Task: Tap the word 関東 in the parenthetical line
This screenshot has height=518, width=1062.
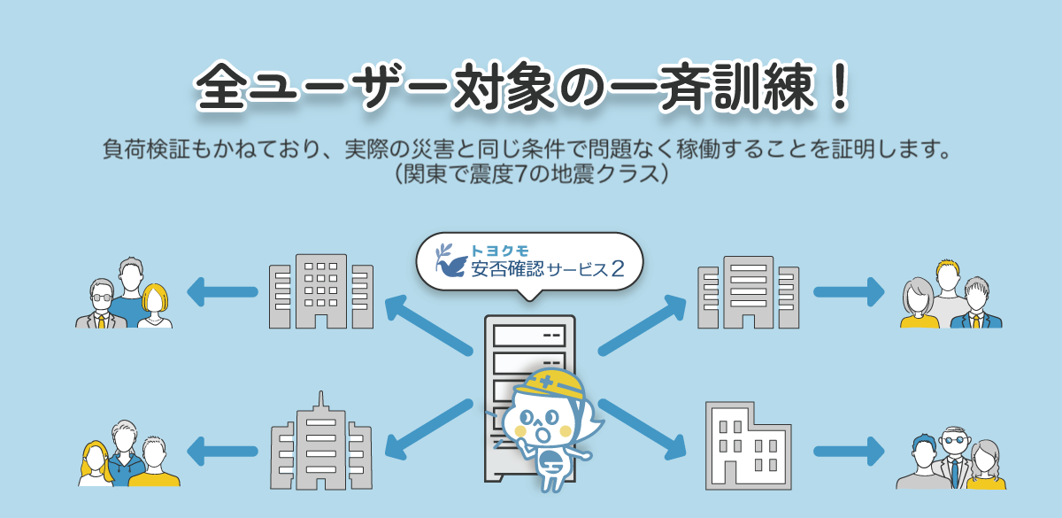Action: [x=431, y=172]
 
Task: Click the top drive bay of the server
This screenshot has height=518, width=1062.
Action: [x=528, y=336]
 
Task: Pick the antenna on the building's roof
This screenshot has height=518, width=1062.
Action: [x=319, y=401]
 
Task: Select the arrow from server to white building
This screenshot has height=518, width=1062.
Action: [x=643, y=430]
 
